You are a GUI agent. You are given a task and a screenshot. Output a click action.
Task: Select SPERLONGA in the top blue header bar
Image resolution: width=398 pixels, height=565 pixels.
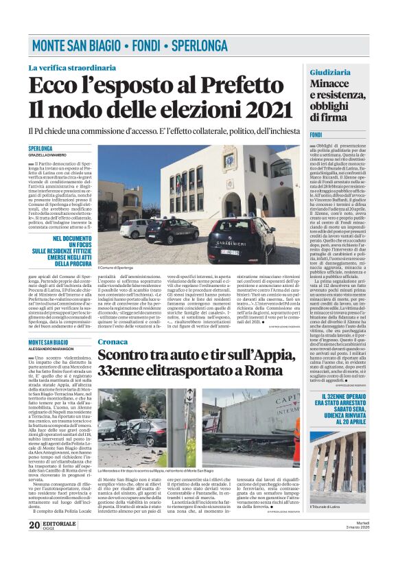click(x=200, y=47)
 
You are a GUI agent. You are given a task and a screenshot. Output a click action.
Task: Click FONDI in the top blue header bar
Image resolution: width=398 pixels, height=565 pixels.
click(x=144, y=47)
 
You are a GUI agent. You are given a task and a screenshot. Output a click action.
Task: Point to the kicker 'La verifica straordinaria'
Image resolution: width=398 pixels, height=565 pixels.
click(x=72, y=68)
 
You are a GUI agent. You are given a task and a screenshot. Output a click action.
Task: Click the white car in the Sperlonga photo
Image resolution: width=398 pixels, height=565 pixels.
click(x=133, y=229)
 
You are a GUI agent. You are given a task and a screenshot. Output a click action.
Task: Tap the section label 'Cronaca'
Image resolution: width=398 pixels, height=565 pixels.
click(x=113, y=341)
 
